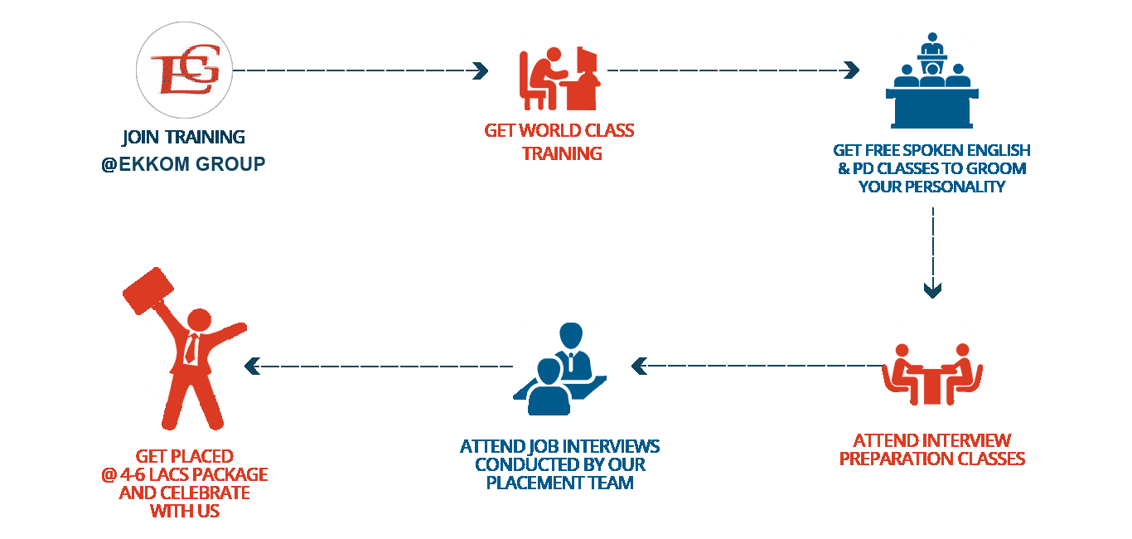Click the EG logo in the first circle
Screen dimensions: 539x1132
coord(184,70)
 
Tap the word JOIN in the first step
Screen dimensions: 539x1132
coord(142,137)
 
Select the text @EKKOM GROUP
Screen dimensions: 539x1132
coord(183,164)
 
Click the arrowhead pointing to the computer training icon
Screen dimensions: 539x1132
coord(480,71)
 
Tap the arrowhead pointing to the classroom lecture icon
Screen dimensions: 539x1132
coord(852,71)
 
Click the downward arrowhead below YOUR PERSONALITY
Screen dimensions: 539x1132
coord(933,289)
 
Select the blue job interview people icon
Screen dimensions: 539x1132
coord(559,369)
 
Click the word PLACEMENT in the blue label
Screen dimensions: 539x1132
coord(530,482)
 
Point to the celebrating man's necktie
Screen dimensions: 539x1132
coord(191,348)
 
